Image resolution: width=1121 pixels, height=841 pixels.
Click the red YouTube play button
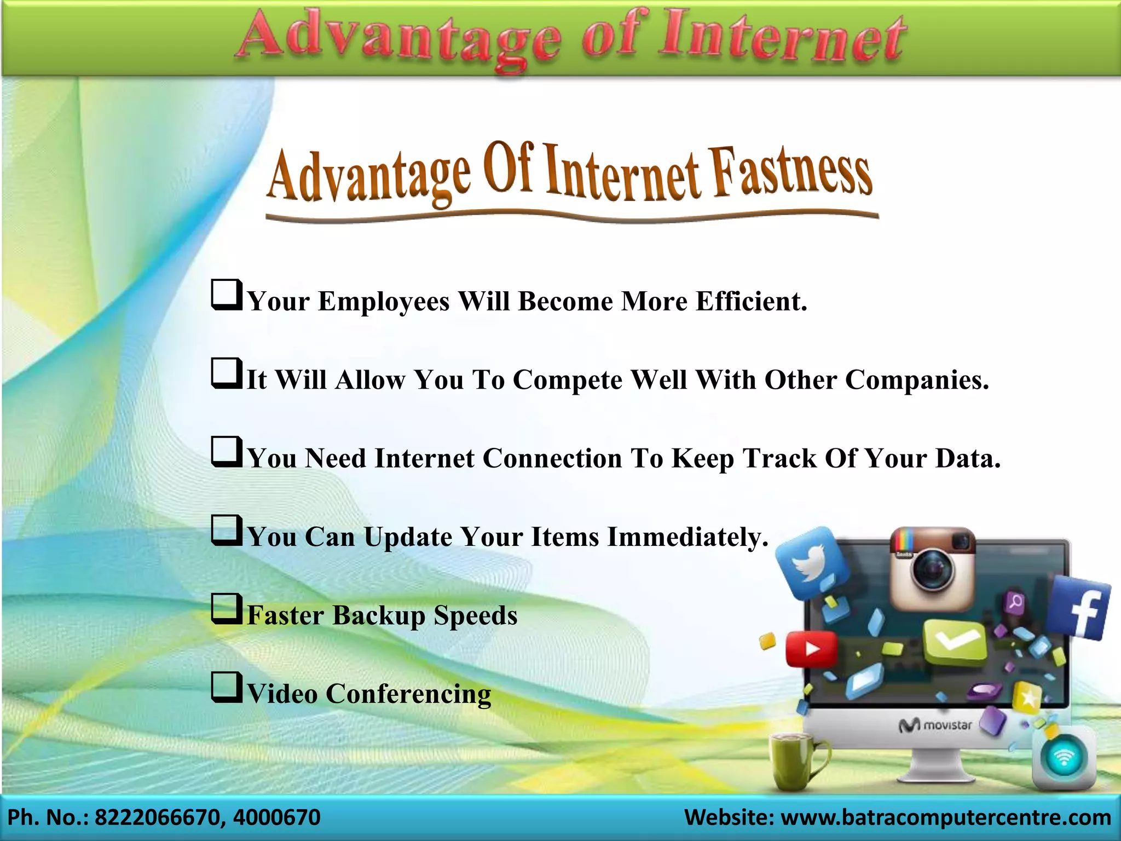[x=811, y=649]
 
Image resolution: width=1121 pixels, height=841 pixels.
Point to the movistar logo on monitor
[x=935, y=725]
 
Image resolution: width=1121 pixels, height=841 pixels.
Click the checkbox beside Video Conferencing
[x=227, y=688]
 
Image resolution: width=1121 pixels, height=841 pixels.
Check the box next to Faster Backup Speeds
[x=227, y=609]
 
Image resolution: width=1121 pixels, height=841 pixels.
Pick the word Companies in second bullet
[x=917, y=379]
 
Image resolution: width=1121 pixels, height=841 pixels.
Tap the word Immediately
[x=688, y=537]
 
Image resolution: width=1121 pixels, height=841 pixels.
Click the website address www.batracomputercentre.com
[x=945, y=817]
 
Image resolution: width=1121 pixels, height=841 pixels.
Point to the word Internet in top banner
[x=783, y=38]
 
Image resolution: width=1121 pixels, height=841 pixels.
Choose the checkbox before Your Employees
[x=227, y=295]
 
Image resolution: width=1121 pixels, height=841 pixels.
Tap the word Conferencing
[x=408, y=694]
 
